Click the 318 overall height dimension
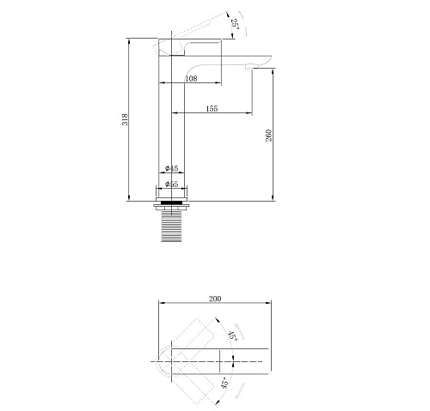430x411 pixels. tap(126, 119)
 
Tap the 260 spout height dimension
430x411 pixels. tap(268, 136)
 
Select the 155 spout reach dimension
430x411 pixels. tap(212, 109)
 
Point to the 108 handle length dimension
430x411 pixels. tap(191, 78)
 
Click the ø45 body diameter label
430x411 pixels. tap(172, 168)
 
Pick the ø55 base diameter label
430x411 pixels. tap(172, 184)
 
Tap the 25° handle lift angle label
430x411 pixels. tap(235, 23)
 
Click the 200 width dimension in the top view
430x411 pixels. tap(215, 299)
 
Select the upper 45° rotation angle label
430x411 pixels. tap(232, 335)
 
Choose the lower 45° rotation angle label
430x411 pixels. tap(225, 383)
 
